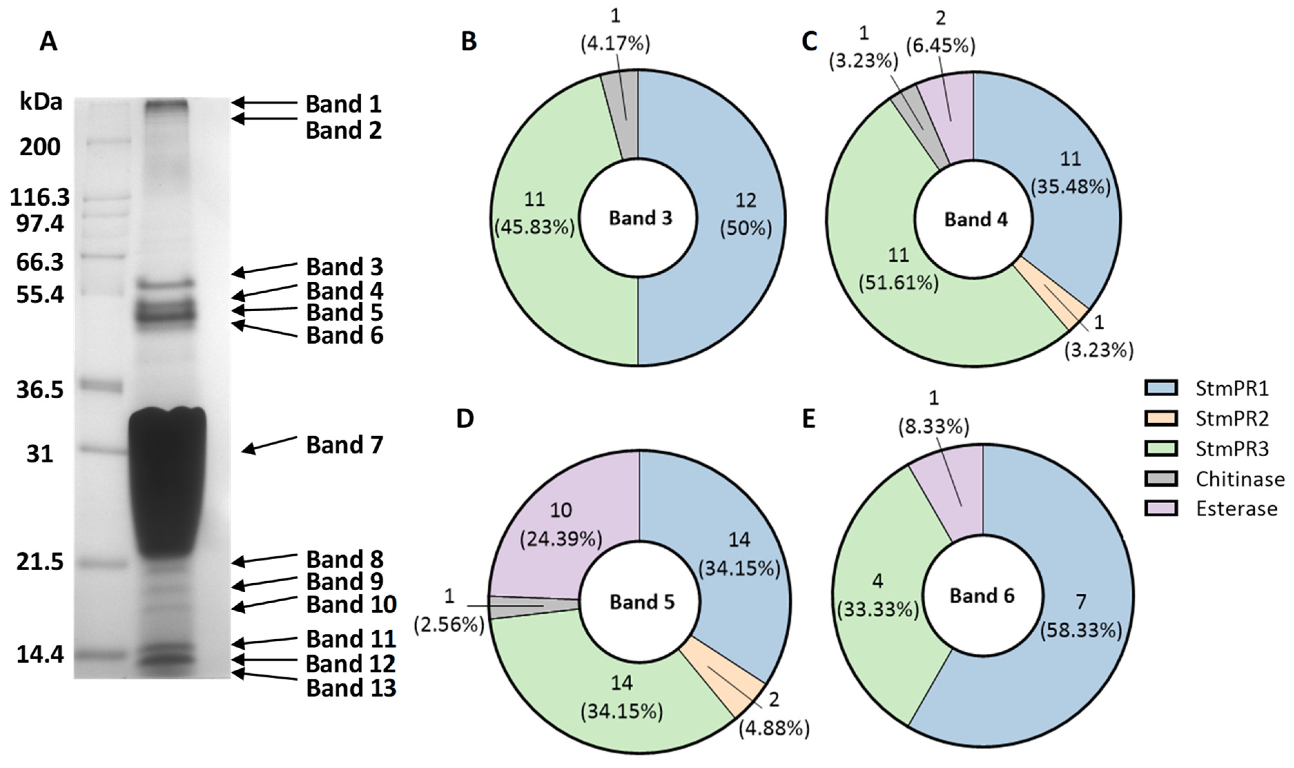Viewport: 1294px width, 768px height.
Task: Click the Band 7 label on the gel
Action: click(x=344, y=445)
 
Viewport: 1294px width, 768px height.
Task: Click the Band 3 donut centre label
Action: click(x=640, y=218)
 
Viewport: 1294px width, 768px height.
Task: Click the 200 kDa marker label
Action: click(x=40, y=147)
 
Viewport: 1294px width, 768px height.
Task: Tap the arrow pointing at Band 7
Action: click(x=269, y=445)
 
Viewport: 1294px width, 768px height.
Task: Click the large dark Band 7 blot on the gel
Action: click(x=167, y=481)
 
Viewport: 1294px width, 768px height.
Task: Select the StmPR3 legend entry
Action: click(x=1232, y=449)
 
